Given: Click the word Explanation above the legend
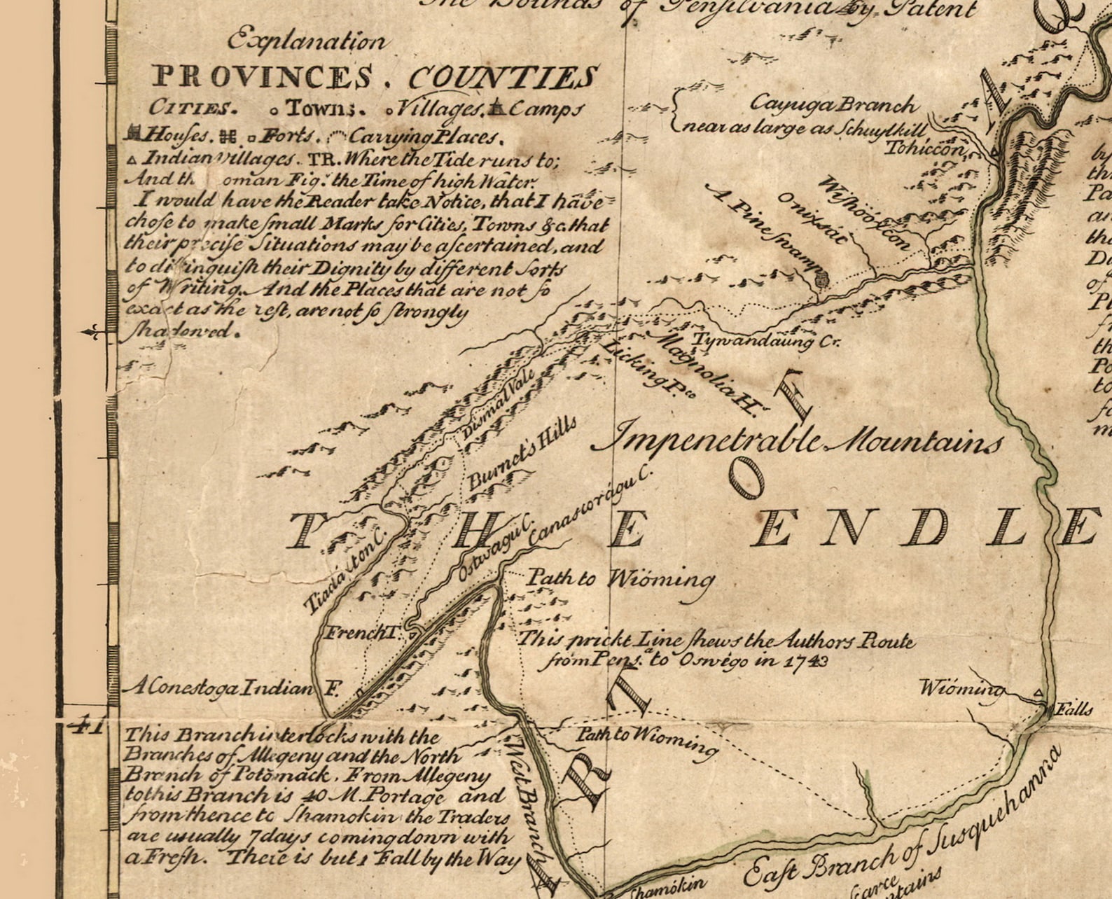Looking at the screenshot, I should click(306, 40).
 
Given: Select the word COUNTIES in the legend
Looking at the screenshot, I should click(503, 77).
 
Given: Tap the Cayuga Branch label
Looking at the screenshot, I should click(833, 104).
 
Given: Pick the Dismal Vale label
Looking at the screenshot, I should click(499, 402).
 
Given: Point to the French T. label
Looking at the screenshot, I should click(361, 634).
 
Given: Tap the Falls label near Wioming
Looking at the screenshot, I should click(1074, 709).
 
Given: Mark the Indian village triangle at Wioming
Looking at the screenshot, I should click(1039, 693).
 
